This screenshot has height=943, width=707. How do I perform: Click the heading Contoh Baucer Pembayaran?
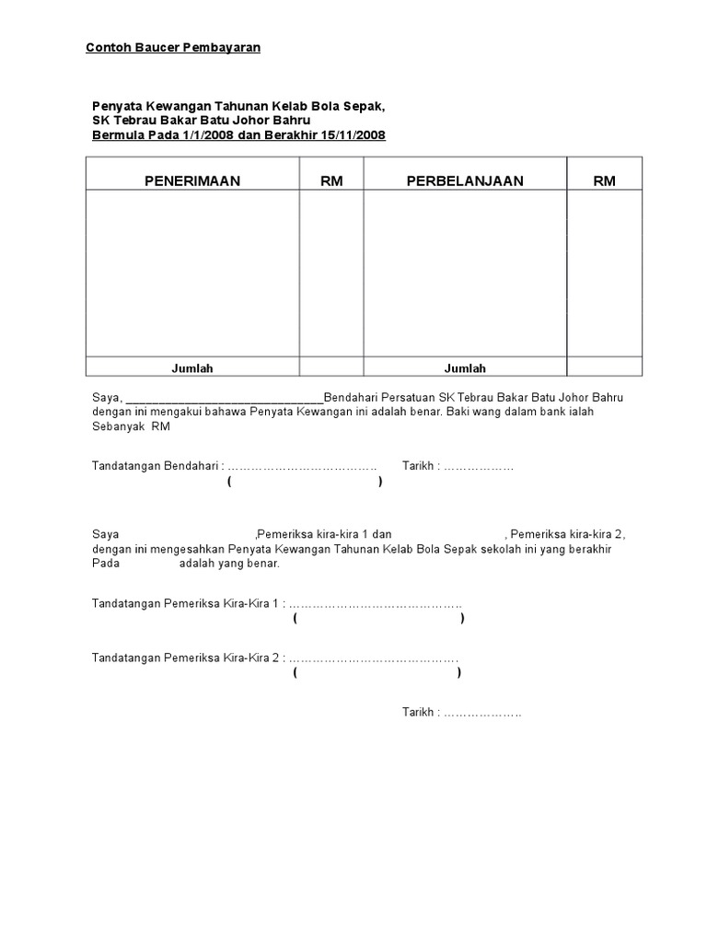pos(173,47)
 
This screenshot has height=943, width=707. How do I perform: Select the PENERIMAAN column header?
pos(192,180)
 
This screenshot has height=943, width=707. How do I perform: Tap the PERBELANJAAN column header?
pos(465,180)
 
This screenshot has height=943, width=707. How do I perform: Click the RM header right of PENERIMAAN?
pos(331,180)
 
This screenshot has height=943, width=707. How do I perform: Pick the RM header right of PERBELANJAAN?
pos(604,180)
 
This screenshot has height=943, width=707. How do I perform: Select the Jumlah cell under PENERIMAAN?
pos(192,368)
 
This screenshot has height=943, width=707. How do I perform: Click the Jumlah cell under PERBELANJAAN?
pos(465,368)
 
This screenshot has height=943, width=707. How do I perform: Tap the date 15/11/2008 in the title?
pos(353,135)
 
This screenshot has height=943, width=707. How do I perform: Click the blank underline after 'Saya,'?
pos(224,398)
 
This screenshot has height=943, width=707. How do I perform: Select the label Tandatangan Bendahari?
pos(156,466)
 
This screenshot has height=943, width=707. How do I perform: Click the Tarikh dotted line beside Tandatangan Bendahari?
pos(479,466)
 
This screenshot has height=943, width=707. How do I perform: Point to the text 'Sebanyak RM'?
pos(132,427)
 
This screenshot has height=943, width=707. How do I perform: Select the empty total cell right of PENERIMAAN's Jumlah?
pos(331,368)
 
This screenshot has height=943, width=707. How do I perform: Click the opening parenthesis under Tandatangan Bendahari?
pos(229,482)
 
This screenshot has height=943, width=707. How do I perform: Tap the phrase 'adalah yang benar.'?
pos(229,564)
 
